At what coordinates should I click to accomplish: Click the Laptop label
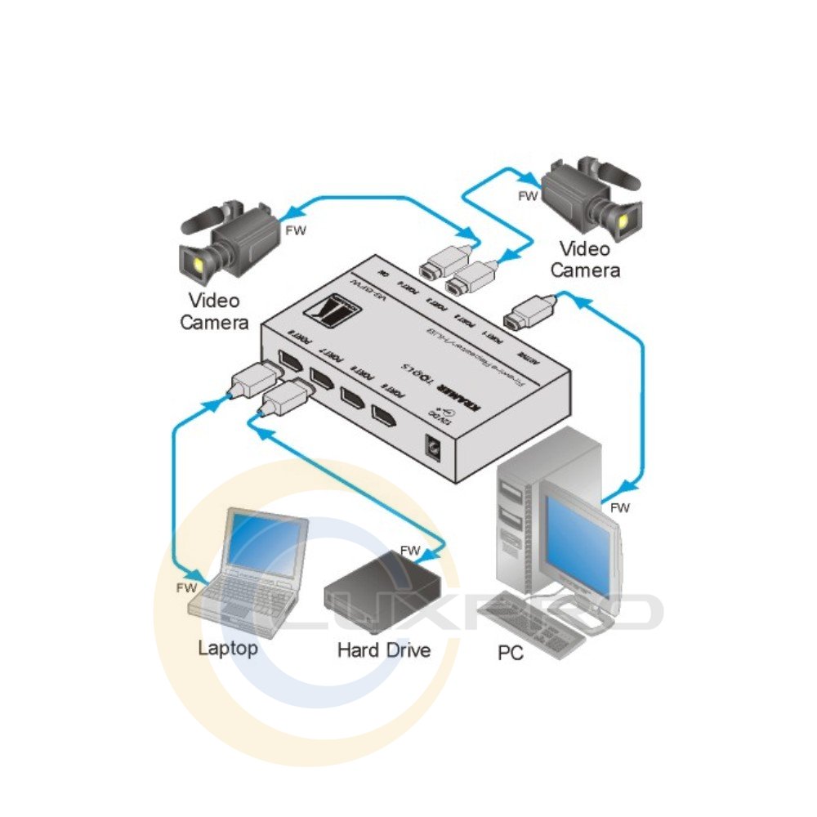228,648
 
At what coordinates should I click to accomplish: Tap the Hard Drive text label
383,650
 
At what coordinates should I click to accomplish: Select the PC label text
511,654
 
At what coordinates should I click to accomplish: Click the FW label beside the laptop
187,587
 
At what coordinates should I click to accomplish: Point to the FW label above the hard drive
410,550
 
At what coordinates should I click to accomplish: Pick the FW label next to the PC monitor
621,507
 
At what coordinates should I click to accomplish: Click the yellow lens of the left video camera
199,263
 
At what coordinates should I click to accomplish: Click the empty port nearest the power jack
390,417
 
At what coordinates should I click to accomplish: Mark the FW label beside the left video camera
295,231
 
